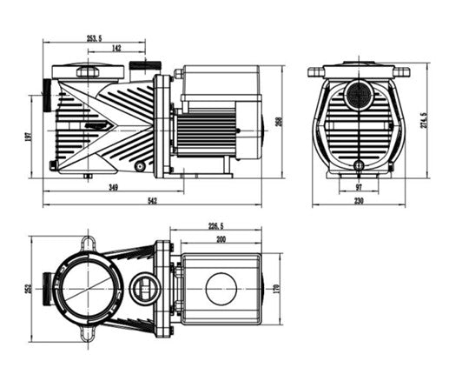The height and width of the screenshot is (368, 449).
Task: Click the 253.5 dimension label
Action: (94, 38)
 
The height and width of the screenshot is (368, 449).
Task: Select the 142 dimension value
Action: (116, 48)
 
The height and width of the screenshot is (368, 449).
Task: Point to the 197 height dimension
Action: (28, 137)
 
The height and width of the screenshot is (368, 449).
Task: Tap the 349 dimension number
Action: (113, 188)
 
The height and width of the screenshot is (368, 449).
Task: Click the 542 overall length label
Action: (152, 201)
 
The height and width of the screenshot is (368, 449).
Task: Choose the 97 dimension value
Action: (359, 188)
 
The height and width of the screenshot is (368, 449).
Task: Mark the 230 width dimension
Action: (359, 201)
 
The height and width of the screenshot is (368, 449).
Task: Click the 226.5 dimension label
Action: (216, 226)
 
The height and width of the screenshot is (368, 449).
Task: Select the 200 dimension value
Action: (221, 239)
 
